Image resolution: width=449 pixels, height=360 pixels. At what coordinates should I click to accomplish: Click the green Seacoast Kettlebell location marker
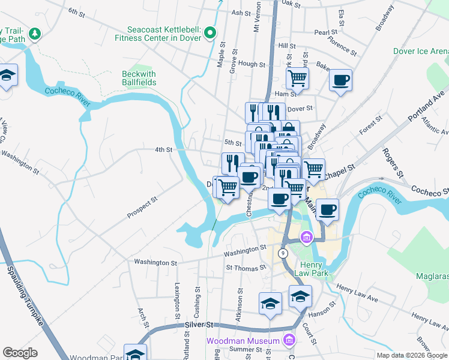(x=209, y=32)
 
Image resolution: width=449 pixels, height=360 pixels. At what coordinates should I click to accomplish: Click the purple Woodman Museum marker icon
(x=290, y=340)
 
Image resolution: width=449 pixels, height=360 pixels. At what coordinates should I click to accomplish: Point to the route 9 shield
(x=282, y=254)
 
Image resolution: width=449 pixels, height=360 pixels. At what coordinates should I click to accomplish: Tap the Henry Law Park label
(x=312, y=269)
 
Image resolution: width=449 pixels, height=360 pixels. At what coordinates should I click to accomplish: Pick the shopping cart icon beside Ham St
(x=298, y=77)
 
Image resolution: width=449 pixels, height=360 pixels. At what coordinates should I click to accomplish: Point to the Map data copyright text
(x=412, y=355)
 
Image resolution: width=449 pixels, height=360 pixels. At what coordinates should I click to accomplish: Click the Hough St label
(x=251, y=64)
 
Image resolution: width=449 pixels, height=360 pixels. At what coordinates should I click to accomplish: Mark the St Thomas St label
(x=246, y=267)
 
